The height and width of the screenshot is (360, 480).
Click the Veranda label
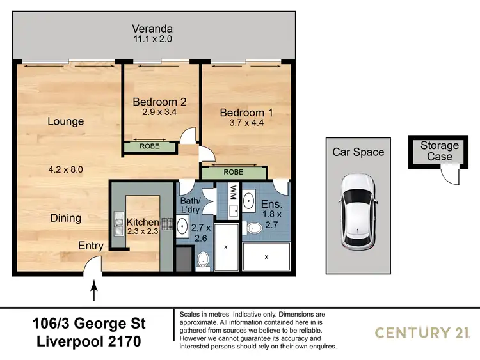[152, 29]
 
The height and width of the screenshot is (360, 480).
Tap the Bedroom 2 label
[159, 102]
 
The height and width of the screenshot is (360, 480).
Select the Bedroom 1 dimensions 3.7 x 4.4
[246, 124]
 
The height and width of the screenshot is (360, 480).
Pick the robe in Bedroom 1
[233, 172]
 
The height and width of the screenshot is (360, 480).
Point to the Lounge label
[66, 121]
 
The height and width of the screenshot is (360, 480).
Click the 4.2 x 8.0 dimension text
[66, 169]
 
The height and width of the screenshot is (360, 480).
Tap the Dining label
[66, 218]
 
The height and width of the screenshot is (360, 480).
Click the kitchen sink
[119, 223]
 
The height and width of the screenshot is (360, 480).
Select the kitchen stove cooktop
[168, 224]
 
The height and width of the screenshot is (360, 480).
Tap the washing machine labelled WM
[233, 191]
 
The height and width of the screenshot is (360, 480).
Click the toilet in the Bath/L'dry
[204, 259]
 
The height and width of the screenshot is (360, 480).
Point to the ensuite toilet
[253, 226]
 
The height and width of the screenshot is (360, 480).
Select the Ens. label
[271, 204]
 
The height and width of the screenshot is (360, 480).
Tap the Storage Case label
[440, 152]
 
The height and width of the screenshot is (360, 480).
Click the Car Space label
[358, 152]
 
